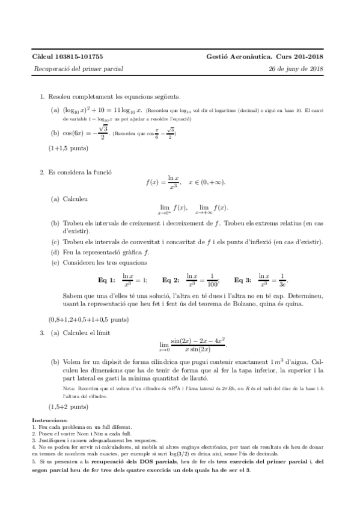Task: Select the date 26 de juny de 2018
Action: (297, 69)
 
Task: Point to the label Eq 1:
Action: (106, 280)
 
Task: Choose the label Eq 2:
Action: (171, 280)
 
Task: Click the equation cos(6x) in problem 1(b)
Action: (73, 132)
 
